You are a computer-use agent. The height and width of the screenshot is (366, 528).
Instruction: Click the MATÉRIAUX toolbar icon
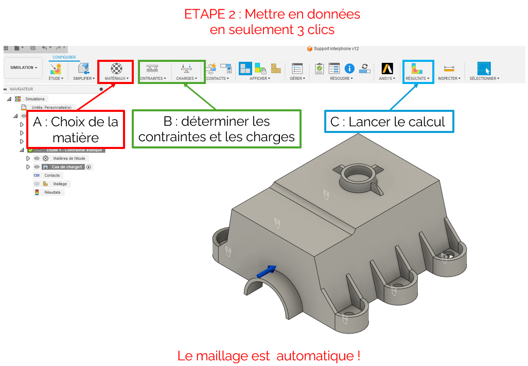[x=117, y=69]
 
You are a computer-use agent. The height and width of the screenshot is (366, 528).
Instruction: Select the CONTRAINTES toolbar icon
[x=152, y=69]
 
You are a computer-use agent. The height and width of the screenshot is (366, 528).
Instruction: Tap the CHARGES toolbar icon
[x=186, y=69]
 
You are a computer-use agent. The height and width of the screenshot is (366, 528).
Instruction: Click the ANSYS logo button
[x=387, y=69]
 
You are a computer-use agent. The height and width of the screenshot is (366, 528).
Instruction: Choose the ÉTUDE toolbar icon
[x=56, y=69]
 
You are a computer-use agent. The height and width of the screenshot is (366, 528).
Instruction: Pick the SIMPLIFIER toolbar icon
[x=83, y=69]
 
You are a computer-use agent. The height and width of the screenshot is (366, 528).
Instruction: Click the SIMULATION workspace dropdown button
[x=24, y=68]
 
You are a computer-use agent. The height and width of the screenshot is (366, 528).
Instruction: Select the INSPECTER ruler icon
[x=449, y=69]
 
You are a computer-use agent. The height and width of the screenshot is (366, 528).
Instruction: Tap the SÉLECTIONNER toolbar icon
[x=484, y=69]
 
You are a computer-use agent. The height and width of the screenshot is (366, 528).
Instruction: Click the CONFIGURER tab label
[x=64, y=57]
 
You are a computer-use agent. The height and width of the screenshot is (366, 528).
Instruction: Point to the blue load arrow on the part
[x=267, y=272]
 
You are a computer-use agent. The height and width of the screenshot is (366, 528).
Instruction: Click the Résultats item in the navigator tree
[x=52, y=192]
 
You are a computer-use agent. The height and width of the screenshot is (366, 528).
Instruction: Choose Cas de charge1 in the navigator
[x=67, y=167]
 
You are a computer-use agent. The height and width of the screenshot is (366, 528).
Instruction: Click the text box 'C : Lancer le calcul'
[x=389, y=122]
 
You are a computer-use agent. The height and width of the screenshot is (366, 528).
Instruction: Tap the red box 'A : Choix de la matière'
[x=76, y=129]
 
